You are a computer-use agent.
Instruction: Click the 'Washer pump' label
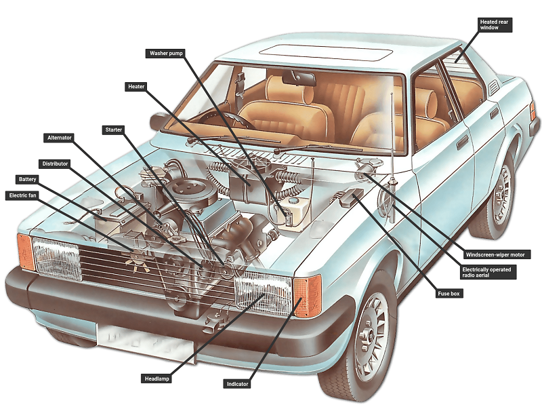pos(165,53)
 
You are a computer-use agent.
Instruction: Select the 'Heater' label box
pos(135,86)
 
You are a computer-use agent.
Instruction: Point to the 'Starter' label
pos(113,129)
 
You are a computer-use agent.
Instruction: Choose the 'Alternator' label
pos(59,138)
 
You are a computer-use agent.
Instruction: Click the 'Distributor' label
pos(55,163)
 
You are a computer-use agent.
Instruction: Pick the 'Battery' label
pos(28,179)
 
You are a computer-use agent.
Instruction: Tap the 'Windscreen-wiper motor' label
pos(497,254)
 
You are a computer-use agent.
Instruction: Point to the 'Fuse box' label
pos(450,294)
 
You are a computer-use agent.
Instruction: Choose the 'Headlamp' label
pos(157,378)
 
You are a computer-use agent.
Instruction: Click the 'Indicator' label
pos(237,384)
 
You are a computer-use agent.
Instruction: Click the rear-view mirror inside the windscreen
pos(299,78)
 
